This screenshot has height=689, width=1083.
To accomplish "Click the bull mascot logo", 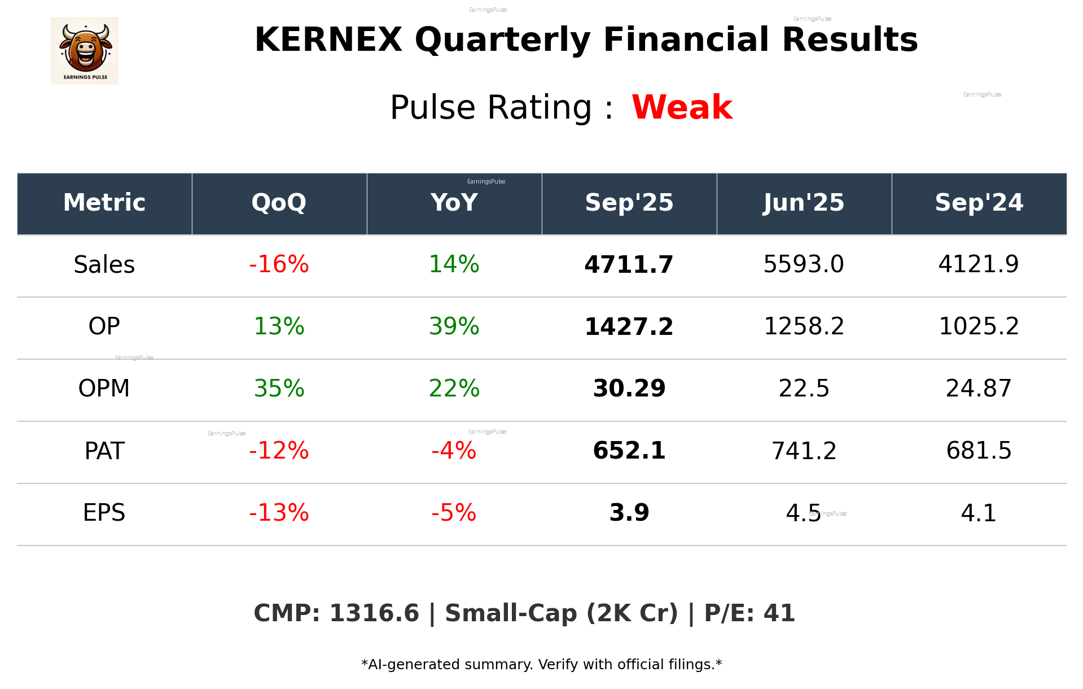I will [85, 50].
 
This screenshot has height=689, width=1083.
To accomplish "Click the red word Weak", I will [682, 107].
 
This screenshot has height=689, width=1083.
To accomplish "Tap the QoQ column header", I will [279, 203].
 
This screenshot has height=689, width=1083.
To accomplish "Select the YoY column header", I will [454, 203].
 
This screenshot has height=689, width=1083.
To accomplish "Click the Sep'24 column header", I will [979, 203].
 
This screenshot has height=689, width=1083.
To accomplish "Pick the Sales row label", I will [104, 265].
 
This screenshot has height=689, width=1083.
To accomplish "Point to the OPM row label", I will [104, 389].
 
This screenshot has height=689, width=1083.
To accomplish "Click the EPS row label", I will [104, 513].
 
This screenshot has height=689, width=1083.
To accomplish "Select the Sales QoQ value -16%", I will [279, 264].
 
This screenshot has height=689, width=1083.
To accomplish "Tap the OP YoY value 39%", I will [454, 326].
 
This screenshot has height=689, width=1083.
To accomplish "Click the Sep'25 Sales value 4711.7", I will [629, 265].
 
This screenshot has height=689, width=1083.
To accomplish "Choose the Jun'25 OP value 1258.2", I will [804, 326].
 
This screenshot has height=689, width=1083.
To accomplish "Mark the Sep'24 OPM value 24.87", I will [979, 389].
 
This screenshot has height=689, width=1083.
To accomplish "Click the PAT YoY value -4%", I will [454, 451].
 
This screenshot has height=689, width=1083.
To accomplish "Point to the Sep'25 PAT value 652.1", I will [629, 451].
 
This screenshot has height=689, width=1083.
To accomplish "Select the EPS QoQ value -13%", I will [279, 513].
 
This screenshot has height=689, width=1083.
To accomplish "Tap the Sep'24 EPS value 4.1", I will [979, 513].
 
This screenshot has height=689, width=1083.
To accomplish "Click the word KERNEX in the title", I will [328, 40].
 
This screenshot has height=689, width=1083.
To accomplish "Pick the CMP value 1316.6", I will [374, 614].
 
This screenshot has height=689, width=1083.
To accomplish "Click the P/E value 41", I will [779, 614].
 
